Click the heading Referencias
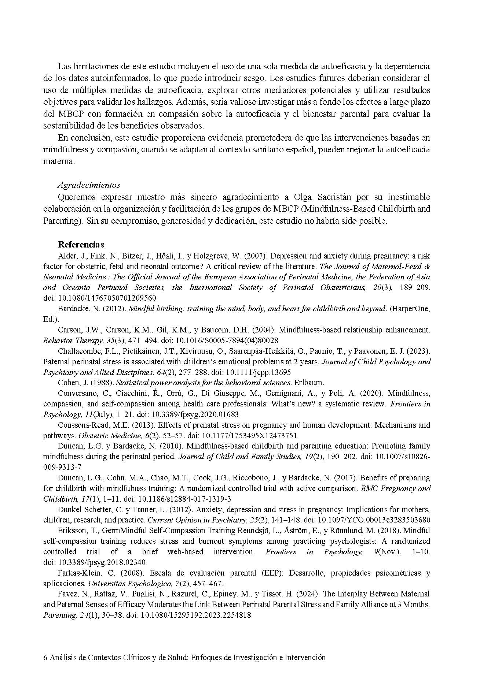click(x=81, y=245)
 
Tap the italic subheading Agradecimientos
click(x=89, y=185)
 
